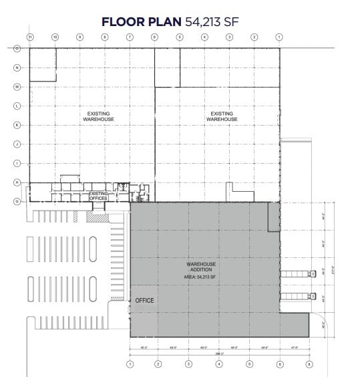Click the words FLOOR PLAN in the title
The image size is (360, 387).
click(140, 22)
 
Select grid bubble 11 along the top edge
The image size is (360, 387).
click(30, 37)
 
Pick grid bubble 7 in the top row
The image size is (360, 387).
click(130, 37)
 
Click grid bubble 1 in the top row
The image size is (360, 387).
click(279, 37)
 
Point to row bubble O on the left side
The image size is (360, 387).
click(17, 48)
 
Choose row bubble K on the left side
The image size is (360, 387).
click(17, 125)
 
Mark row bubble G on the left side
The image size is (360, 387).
click(17, 201)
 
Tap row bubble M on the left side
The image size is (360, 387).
click(17, 87)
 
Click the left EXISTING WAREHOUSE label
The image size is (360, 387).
click(98, 116)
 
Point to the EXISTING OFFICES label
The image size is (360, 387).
click(98, 195)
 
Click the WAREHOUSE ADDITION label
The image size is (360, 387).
click(200, 267)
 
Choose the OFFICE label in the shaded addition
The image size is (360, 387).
click(144, 301)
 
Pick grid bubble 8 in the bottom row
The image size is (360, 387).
click(309, 364)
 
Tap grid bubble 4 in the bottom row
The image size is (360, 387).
click(218, 364)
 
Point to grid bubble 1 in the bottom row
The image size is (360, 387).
click(130, 364)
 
